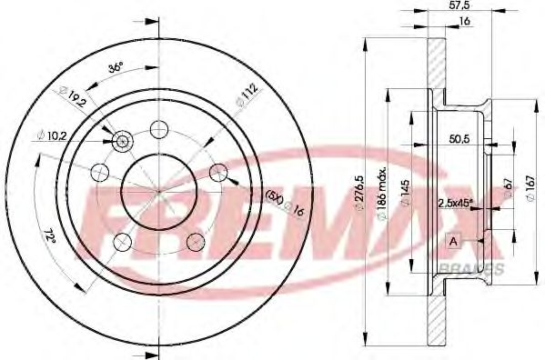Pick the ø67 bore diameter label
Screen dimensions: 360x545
[508, 188]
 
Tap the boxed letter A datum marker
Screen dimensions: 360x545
[452, 240]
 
